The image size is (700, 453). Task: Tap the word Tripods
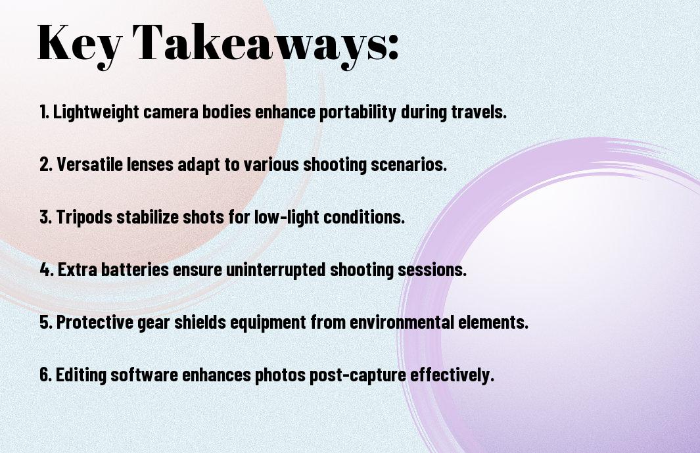point(84,217)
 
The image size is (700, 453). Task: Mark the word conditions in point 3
point(364,217)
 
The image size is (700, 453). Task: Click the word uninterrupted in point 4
point(276,270)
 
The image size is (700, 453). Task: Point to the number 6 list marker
point(46,375)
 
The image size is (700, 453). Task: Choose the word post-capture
point(358,375)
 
